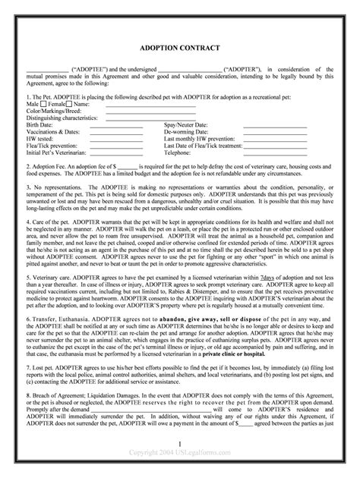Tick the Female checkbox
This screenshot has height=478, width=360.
click(68, 104)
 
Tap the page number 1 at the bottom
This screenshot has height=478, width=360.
click(181, 463)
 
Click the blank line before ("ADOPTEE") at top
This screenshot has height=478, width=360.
click(46, 68)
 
